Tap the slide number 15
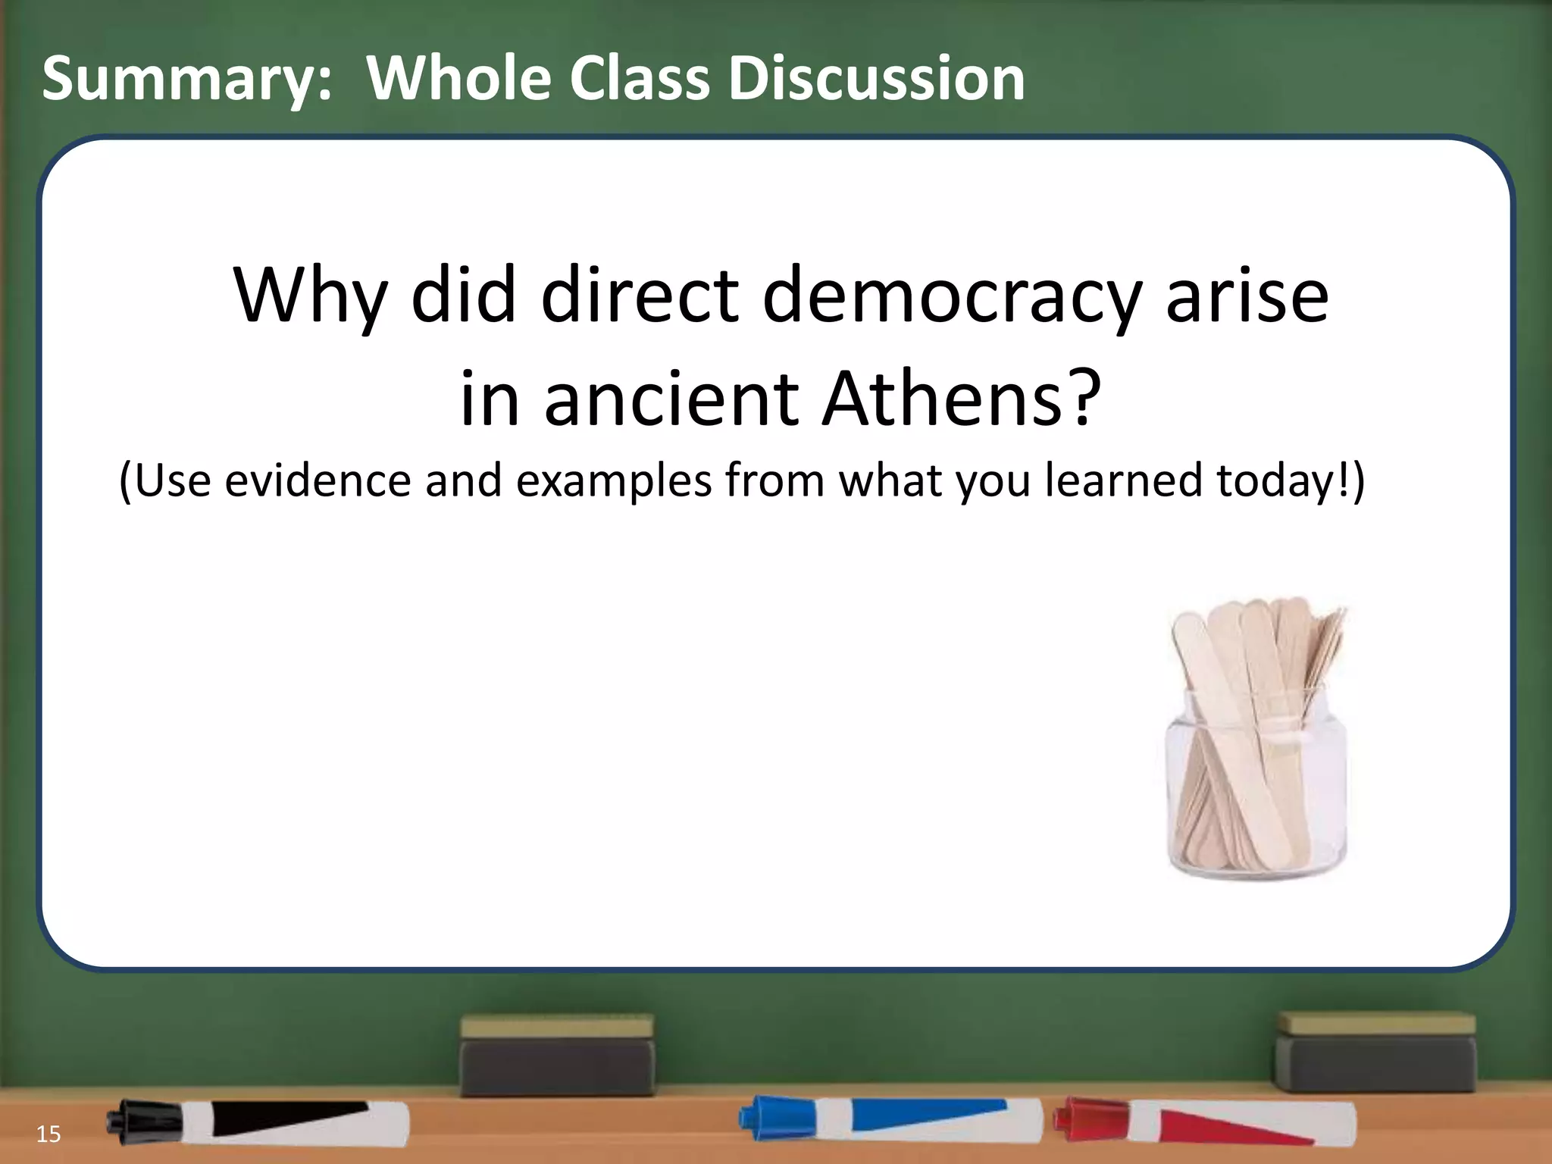48,1134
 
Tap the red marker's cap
1075,1119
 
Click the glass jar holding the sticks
1256,788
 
